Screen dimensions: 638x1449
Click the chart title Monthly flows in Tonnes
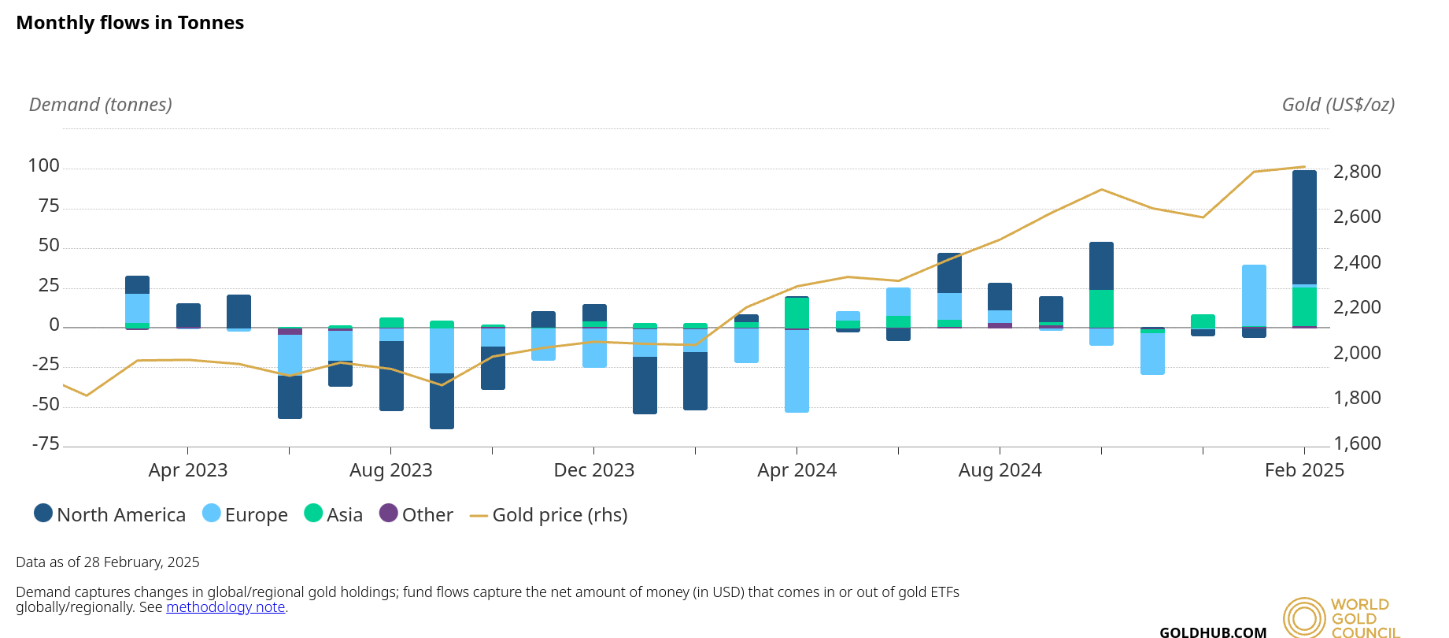[x=130, y=23]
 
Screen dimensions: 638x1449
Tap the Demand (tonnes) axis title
[x=100, y=105]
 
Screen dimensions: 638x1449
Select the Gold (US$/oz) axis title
[x=1338, y=105]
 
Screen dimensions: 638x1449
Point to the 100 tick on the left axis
[x=43, y=165]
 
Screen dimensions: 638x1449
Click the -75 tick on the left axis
[x=46, y=443]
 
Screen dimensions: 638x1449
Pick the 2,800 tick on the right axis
[x=1357, y=172]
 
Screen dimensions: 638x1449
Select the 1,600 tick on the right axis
[x=1357, y=443]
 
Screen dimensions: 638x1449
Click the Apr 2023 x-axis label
[x=187, y=470]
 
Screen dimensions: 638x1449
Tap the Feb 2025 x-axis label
[x=1304, y=470]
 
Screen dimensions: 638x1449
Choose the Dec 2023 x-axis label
[x=593, y=470]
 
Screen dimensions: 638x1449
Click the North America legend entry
[x=110, y=514]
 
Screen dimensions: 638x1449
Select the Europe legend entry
[x=246, y=514]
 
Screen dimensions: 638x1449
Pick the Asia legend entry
[x=334, y=514]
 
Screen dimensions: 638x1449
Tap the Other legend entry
[x=416, y=514]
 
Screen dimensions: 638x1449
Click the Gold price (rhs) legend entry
[x=549, y=514]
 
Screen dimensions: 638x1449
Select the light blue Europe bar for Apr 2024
[x=797, y=370]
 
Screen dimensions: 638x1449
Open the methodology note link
[x=225, y=607]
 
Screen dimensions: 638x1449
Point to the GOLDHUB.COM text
[x=1213, y=632]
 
